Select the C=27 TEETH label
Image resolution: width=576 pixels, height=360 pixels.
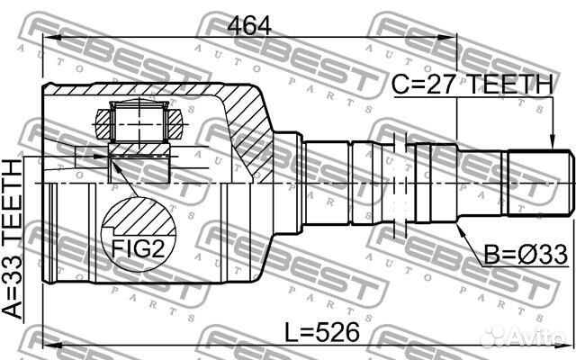[x=472, y=85]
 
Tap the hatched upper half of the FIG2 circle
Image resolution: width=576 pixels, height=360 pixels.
[x=136, y=216]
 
